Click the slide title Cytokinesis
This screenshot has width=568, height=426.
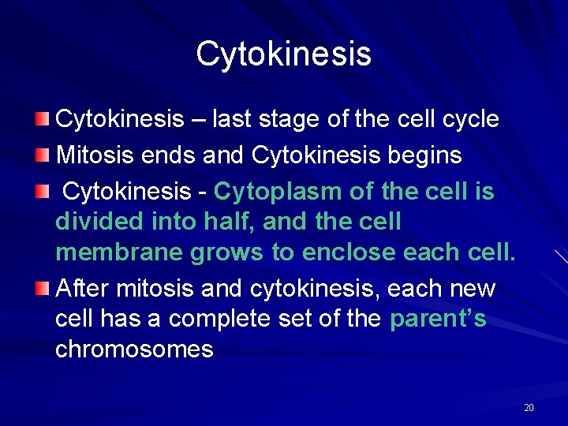click(283, 54)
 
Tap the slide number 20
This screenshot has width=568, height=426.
click(529, 408)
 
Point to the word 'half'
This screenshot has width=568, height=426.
click(229, 222)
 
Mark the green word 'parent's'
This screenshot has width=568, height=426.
click(438, 319)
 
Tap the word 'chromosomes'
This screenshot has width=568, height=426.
click(134, 349)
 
